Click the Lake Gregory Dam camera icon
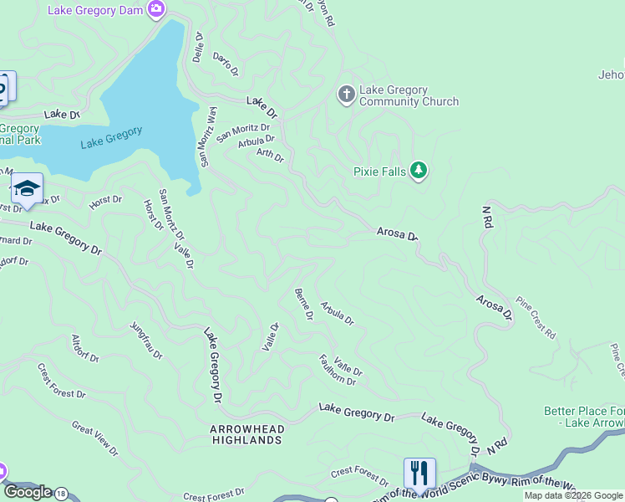click(155, 9)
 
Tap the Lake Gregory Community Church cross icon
click(347, 95)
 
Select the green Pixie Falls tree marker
click(419, 172)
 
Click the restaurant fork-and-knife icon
click(419, 473)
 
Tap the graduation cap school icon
click(27, 188)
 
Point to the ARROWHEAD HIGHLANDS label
click(246, 434)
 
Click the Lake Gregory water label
click(111, 137)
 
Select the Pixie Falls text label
click(379, 172)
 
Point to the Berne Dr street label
click(303, 304)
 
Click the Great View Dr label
click(95, 438)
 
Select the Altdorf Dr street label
click(85, 347)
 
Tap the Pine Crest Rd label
click(535, 317)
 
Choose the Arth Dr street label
click(270, 155)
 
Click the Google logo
click(27, 492)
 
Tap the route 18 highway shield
click(61, 493)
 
